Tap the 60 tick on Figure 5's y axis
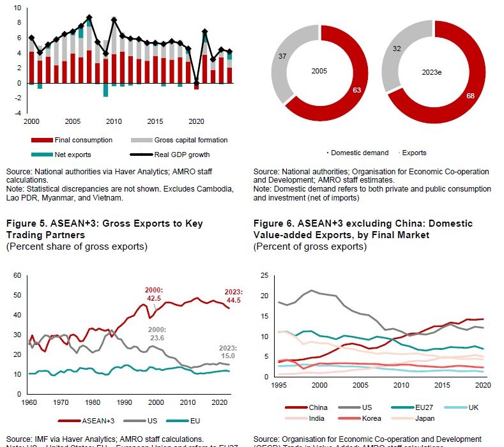pyautogui.click(x=17, y=276)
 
